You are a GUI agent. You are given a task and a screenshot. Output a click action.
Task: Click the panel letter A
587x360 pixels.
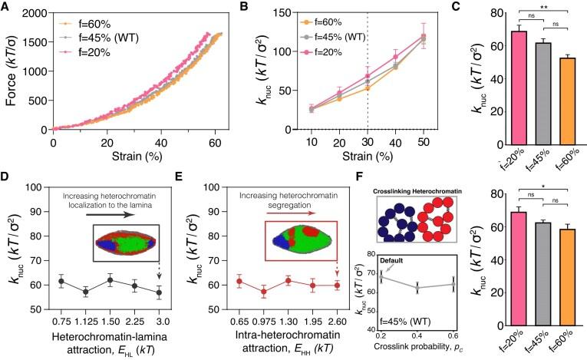click(5, 7)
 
